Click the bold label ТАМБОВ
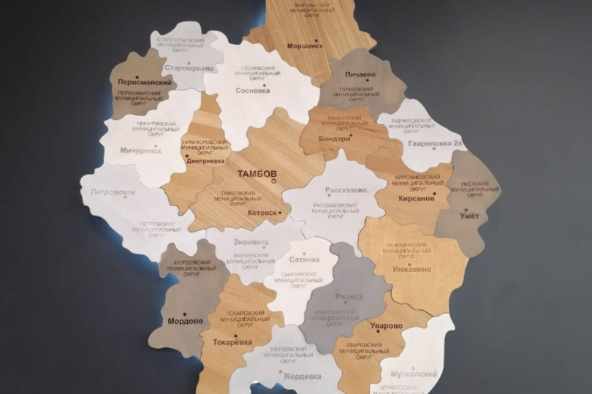[x=256, y=174]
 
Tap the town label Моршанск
[x=305, y=45]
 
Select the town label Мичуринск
[x=140, y=151]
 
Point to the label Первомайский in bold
[x=145, y=83]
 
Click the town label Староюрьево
[x=190, y=68]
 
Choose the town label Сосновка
[x=253, y=91]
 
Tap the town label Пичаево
[x=356, y=75]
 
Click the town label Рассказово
[x=346, y=189]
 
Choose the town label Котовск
[x=262, y=213]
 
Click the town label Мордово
[x=185, y=321]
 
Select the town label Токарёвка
[x=232, y=341]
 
